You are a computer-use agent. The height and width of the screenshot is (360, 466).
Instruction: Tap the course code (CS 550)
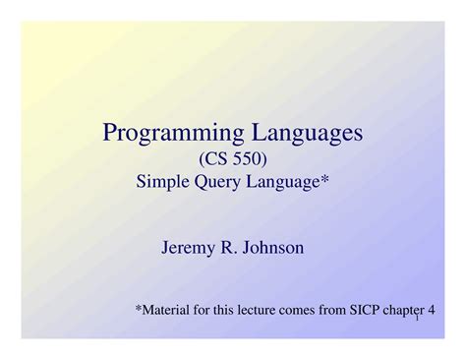[x=233, y=156]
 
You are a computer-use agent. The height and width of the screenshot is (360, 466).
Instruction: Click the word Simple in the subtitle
[x=161, y=180]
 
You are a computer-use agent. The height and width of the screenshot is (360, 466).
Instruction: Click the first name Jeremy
[x=188, y=248]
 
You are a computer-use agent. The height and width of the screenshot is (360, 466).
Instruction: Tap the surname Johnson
[x=272, y=247]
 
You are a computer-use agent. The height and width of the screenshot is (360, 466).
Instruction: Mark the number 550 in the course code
[x=246, y=156]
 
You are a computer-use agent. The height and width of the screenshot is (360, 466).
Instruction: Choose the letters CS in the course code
[x=215, y=156]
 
